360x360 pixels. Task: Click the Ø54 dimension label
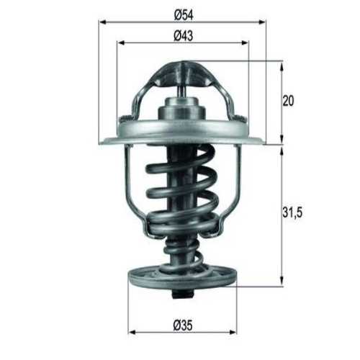coord(181,14)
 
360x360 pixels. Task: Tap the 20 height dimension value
coord(288,102)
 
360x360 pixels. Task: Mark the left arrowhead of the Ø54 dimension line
coord(101,22)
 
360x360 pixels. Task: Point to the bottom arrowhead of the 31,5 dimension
coord(281,282)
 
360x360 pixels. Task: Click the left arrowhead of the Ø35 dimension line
coord(132,333)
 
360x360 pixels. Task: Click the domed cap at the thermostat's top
coord(181,73)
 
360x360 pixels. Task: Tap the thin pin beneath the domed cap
coord(181,91)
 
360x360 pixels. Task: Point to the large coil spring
coord(181,191)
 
